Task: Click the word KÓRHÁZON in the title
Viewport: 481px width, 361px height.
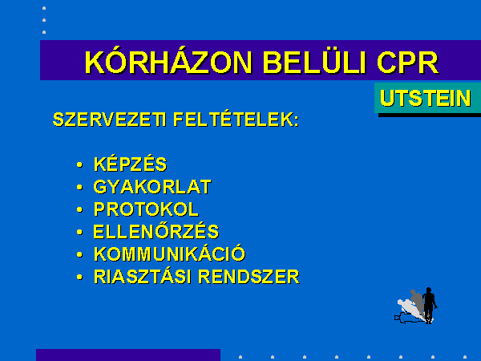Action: click(x=168, y=62)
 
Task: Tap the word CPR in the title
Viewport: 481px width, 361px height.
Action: click(x=408, y=63)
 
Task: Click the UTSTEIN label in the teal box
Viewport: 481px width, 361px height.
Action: click(x=426, y=98)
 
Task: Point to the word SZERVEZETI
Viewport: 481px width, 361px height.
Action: click(x=110, y=120)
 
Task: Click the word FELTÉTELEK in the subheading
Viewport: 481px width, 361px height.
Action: click(x=236, y=119)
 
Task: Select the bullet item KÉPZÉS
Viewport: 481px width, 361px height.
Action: click(x=131, y=164)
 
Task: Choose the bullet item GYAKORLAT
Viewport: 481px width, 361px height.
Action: click(x=152, y=187)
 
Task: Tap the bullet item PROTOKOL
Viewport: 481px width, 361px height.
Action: click(x=147, y=209)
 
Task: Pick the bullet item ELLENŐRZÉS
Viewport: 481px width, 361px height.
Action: click(x=156, y=231)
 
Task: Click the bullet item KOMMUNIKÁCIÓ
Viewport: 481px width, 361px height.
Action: click(x=170, y=254)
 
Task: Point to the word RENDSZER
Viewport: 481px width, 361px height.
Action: click(x=249, y=277)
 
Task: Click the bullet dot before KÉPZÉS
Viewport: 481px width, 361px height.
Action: click(x=79, y=164)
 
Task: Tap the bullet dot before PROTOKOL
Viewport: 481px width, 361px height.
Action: click(x=79, y=210)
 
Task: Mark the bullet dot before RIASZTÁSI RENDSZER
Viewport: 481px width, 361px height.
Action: click(x=79, y=278)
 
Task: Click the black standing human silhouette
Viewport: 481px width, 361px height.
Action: click(x=429, y=305)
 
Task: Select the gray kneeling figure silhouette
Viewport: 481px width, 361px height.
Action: click(x=418, y=302)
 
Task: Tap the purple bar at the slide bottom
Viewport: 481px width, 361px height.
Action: click(x=128, y=355)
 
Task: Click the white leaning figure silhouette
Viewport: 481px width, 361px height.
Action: click(x=410, y=310)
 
